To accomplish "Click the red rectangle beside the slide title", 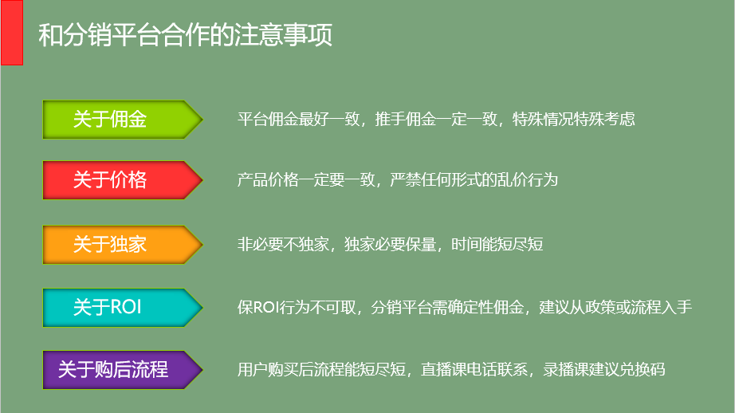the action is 12,33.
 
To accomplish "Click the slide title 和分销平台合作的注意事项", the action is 186,35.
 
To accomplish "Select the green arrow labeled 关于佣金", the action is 122,120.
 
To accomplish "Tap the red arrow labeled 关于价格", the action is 122,180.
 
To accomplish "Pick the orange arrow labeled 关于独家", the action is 122,245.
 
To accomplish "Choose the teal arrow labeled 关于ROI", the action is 122,308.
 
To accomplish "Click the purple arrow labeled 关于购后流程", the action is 122,370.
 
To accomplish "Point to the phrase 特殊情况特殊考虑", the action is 574,119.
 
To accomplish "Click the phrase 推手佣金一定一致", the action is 436,119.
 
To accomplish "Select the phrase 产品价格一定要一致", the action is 306,179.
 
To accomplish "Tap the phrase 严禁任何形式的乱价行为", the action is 474,179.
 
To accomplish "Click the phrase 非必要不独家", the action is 283,244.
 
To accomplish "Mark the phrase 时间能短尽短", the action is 497,244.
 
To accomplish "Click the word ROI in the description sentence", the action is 265,308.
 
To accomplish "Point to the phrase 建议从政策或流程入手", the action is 615,307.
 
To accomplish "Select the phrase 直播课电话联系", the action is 474,369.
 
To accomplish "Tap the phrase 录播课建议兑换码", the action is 604,369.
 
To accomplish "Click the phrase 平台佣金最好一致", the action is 299,119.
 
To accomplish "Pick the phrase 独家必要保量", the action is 391,244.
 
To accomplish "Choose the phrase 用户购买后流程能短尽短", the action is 321,369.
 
